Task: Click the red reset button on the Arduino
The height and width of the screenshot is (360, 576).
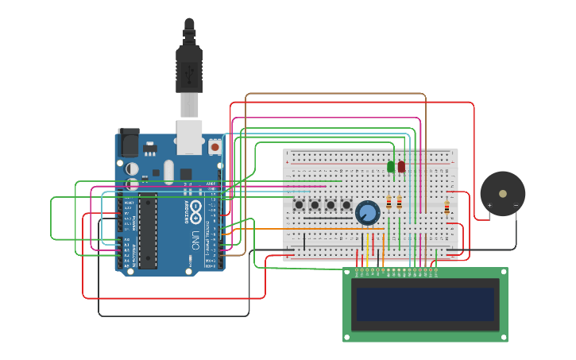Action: (x=215, y=147)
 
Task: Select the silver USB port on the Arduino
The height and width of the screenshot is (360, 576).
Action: (x=189, y=137)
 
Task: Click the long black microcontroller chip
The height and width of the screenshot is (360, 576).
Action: (x=147, y=230)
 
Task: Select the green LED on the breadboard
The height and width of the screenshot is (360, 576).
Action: (x=390, y=166)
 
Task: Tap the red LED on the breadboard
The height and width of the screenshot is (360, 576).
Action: (x=401, y=166)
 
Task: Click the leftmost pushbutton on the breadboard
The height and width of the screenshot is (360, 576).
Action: (x=300, y=205)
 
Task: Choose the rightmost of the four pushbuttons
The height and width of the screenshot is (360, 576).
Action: (x=345, y=205)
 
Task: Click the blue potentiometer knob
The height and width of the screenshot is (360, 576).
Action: (x=367, y=212)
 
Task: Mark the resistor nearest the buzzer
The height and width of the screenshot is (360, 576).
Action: (x=446, y=208)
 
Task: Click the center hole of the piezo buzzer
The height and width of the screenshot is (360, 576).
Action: (x=503, y=193)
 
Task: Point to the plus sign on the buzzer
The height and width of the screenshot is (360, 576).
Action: (x=489, y=205)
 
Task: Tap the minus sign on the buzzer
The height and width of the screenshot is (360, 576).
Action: (x=516, y=205)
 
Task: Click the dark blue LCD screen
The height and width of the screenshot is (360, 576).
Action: (x=425, y=304)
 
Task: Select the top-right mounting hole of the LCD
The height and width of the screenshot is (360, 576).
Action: (x=502, y=273)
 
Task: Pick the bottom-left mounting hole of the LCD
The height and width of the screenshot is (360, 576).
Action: (x=348, y=337)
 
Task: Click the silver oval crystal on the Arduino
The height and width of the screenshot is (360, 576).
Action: (x=168, y=171)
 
